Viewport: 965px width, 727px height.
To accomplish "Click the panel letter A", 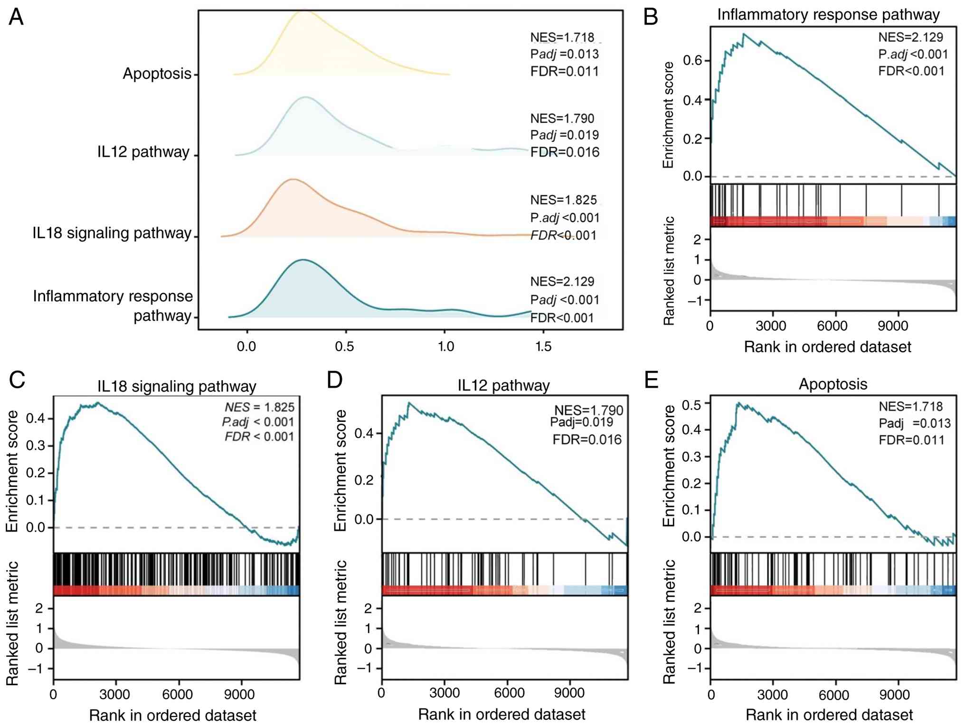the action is [x=16, y=17].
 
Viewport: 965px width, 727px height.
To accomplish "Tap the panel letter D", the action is [x=335, y=380].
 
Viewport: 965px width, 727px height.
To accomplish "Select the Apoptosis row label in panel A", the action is [x=157, y=74].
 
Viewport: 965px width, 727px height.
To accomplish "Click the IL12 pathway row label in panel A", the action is [x=143, y=152].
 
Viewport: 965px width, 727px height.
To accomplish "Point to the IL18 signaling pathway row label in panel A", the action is [x=112, y=233].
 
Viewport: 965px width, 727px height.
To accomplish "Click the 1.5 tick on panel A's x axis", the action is [x=543, y=346].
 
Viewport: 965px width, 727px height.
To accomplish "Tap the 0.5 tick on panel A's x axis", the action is [x=345, y=346].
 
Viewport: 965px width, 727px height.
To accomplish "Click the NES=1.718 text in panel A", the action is [x=562, y=38].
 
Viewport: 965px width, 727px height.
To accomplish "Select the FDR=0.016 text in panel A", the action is [x=565, y=152].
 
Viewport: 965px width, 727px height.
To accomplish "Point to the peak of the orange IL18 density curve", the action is [x=293, y=179].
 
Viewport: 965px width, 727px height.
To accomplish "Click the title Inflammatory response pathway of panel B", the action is [x=828, y=15].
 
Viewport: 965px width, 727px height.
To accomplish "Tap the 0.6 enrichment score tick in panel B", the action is [x=692, y=60].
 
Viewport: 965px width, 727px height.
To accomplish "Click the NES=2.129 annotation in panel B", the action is [x=910, y=38].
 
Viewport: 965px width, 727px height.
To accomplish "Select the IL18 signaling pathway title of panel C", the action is [x=177, y=386].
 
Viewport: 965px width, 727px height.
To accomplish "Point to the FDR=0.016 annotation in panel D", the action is [x=587, y=440].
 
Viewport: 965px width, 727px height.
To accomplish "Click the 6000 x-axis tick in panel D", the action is [x=509, y=693].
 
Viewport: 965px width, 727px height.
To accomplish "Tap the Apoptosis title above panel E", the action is [x=833, y=384].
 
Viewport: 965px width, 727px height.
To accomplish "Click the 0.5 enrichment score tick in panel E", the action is [x=691, y=405].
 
